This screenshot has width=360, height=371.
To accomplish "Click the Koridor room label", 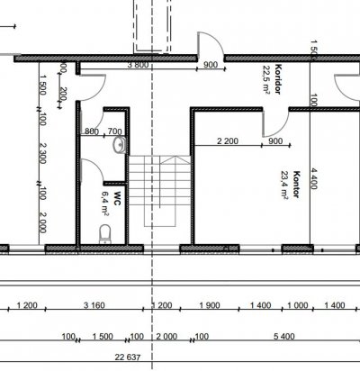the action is pos(278,79).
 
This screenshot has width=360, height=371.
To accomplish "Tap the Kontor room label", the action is pos(296,185).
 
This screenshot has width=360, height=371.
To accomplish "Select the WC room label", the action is pos(117,199).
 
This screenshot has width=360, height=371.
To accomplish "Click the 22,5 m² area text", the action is pos(266,80).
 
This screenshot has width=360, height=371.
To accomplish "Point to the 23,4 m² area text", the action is pos(284,185).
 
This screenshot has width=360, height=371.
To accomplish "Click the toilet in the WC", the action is pos(105,234).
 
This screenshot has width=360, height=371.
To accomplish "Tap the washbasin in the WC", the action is pos(120,145).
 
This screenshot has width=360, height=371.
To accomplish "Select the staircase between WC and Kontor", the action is pos(159,190).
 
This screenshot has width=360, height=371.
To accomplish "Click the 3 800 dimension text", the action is pos(138,65).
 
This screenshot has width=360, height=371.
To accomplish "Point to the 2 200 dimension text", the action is pos(228,140).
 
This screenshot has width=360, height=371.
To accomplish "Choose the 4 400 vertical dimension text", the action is pos(313,178).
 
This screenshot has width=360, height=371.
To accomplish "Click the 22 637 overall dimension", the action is pos(128,357).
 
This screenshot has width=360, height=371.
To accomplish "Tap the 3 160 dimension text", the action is pos(94,305).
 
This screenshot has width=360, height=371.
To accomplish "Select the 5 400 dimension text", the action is pos(284,337).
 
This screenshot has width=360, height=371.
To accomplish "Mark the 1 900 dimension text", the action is pos(210,305).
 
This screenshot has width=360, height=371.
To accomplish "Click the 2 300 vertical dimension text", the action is pos(43,153).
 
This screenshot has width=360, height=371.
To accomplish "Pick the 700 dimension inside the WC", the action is pos(114,131).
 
